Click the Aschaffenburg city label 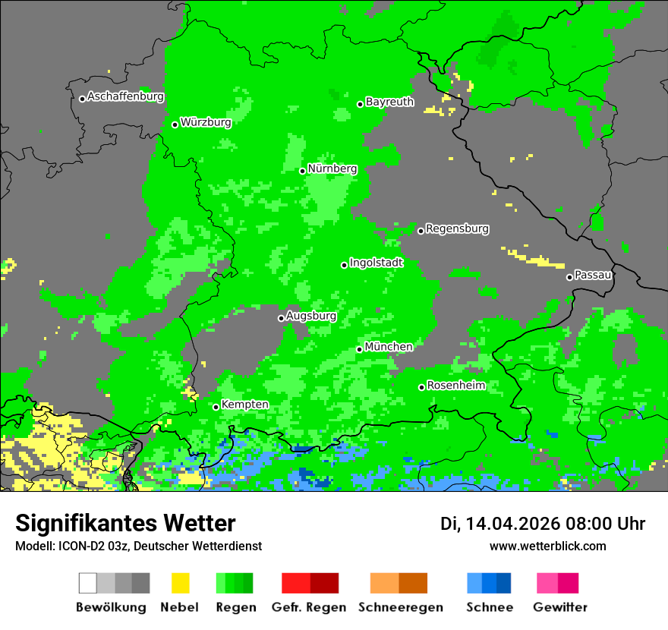click(x=125, y=96)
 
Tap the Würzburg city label click(x=206, y=122)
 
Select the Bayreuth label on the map click(x=389, y=102)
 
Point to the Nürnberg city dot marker click(x=302, y=171)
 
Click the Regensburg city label click(x=457, y=228)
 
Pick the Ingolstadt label click(x=376, y=263)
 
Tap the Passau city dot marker click(x=569, y=277)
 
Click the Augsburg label click(x=311, y=316)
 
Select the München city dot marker click(x=359, y=349)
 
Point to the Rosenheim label click(x=455, y=386)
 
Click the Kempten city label click(x=244, y=405)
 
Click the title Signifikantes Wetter click(x=125, y=523)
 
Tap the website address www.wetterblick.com click(x=547, y=546)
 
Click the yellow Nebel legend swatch click(x=180, y=583)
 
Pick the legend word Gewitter click(x=559, y=607)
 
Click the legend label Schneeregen click(x=399, y=607)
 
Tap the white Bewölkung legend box click(x=87, y=583)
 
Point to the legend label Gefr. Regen click(x=309, y=607)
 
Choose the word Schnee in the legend click(x=489, y=607)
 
